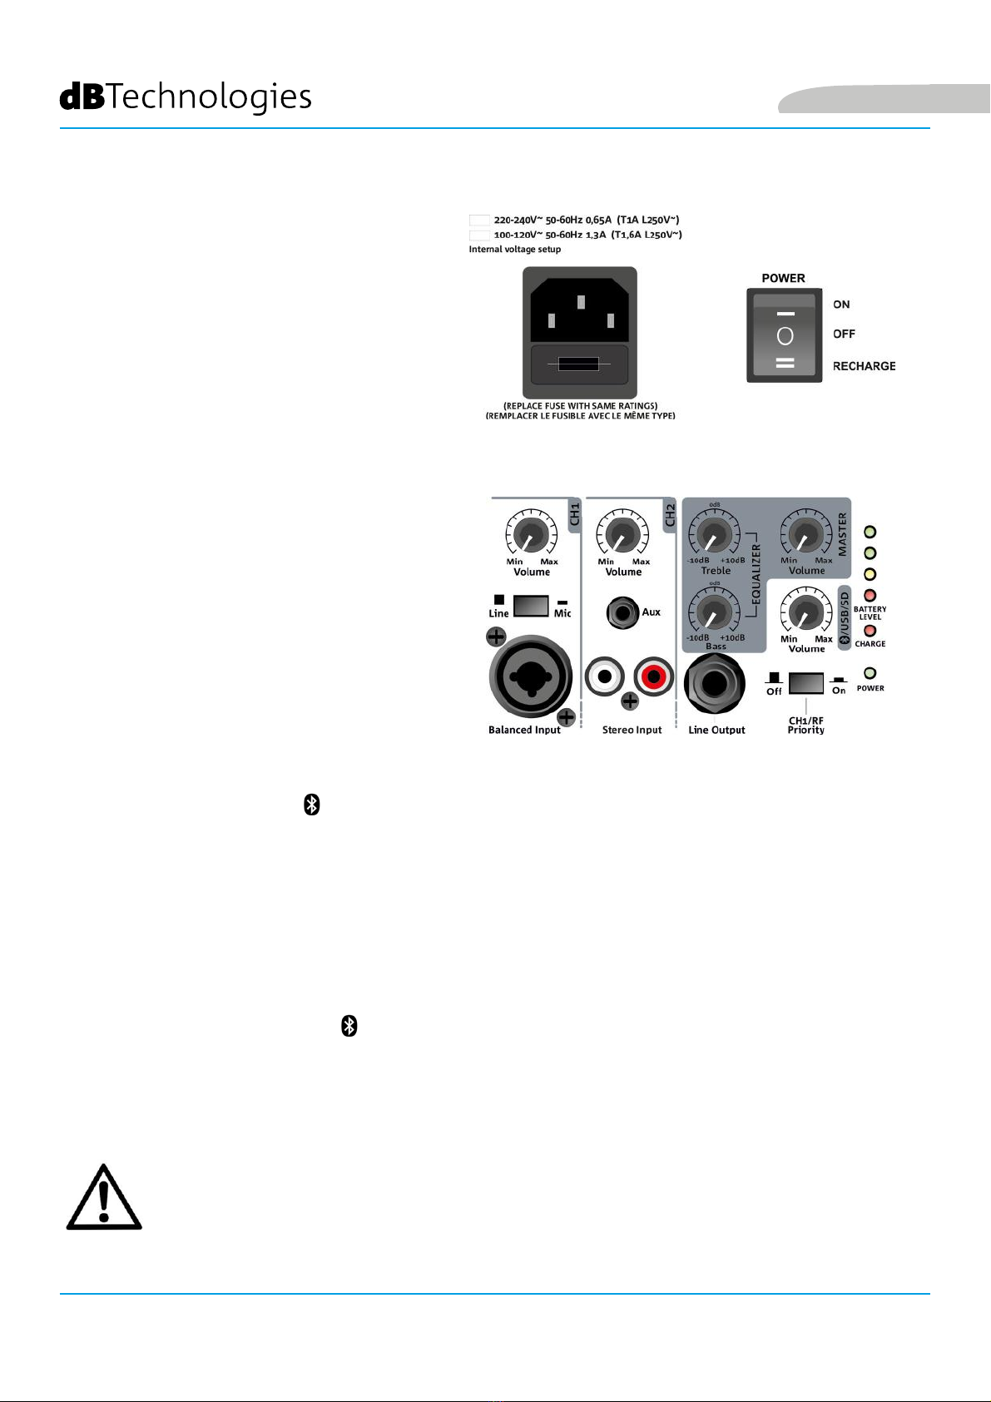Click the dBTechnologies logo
(x=186, y=97)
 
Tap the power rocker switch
(x=785, y=337)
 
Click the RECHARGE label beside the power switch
(x=864, y=366)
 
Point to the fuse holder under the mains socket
(x=579, y=364)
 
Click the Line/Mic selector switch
(x=531, y=606)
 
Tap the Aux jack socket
(x=621, y=613)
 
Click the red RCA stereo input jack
(x=654, y=677)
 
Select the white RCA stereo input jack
(x=605, y=677)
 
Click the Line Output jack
(x=715, y=683)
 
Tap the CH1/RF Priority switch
(x=805, y=683)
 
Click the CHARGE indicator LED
(x=870, y=631)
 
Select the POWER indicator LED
(x=870, y=673)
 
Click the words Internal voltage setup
(x=515, y=250)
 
